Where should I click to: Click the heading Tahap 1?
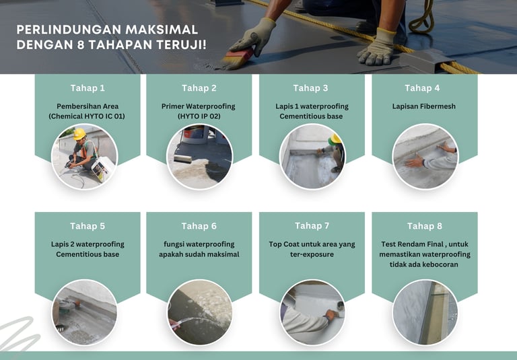[88, 88]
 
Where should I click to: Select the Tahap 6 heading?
[199, 226]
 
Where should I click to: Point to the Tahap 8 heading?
[424, 226]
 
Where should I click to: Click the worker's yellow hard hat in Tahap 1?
[79, 134]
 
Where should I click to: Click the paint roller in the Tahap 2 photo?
[182, 159]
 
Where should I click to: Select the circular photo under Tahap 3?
[312, 157]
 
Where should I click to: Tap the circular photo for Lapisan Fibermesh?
[425, 157]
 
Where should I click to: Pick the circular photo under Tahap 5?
[84, 312]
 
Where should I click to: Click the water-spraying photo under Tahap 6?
[199, 312]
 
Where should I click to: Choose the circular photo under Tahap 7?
[312, 312]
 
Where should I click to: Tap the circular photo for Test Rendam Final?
[425, 312]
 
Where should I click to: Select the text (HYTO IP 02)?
[199, 116]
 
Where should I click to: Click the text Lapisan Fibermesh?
[423, 106]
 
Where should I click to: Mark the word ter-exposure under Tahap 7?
[312, 254]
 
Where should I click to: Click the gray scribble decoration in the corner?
[18, 334]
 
